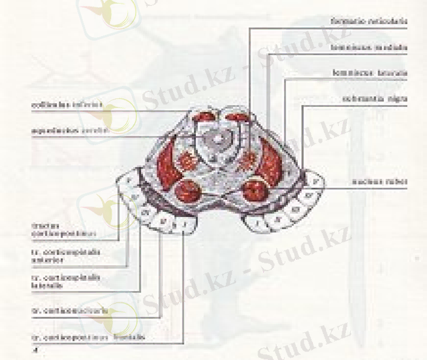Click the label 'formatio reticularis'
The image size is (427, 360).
coord(369,22)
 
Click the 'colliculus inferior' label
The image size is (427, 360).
coord(67,104)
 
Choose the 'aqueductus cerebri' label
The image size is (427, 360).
coord(70,130)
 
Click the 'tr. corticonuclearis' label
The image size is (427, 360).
coord(70,311)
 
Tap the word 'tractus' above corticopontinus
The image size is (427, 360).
coord(43,226)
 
